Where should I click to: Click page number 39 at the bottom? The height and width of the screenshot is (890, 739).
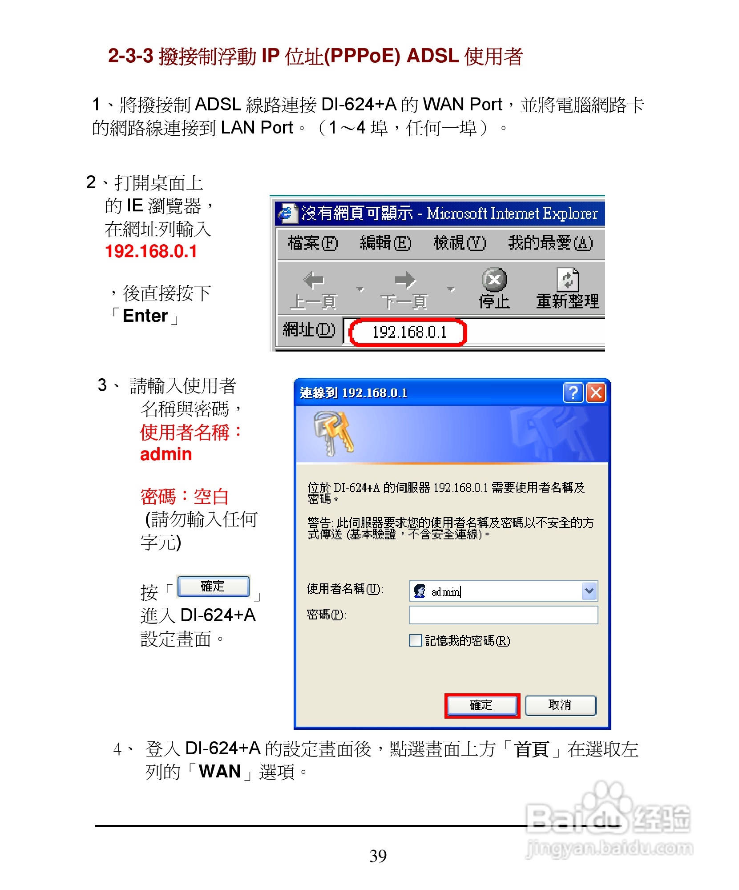click(x=378, y=856)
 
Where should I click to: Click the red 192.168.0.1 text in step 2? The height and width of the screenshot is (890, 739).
click(x=151, y=251)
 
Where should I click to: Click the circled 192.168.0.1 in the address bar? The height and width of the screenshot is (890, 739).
click(x=409, y=332)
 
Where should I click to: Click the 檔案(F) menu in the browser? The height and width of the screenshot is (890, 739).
click(x=312, y=243)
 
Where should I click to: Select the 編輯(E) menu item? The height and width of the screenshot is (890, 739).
click(x=385, y=243)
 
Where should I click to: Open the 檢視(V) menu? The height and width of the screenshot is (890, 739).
click(x=459, y=243)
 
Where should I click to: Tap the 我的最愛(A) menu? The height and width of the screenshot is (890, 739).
click(x=550, y=243)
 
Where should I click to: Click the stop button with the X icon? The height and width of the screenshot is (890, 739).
click(x=494, y=280)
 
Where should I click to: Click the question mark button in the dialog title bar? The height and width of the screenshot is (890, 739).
click(x=573, y=393)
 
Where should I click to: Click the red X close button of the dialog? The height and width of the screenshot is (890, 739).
click(x=596, y=393)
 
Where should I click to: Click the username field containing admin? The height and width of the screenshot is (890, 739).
click(x=494, y=591)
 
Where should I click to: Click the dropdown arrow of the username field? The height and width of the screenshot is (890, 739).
click(x=589, y=591)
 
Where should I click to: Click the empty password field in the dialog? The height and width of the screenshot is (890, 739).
click(x=503, y=615)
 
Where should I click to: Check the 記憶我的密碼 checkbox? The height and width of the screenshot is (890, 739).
click(x=416, y=640)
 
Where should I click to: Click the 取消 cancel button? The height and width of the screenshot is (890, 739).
click(x=560, y=705)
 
